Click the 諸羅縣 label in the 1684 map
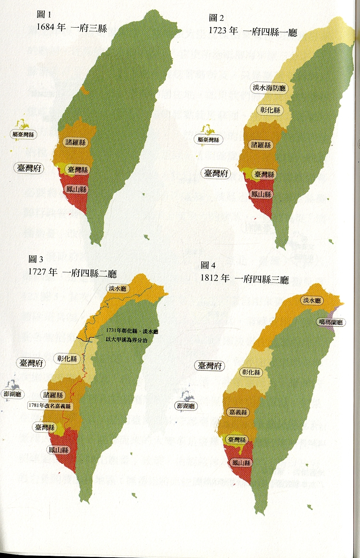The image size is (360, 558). pyautogui.click(x=76, y=142)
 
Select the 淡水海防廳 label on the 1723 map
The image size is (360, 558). pyautogui.click(x=269, y=88)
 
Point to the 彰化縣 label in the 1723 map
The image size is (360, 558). pyautogui.click(x=271, y=110)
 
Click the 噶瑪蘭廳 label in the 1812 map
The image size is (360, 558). pyautogui.click(x=331, y=322)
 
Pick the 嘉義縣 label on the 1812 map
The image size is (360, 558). pyautogui.click(x=238, y=412)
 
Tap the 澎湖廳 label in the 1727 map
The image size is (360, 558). pyautogui.click(x=12, y=394)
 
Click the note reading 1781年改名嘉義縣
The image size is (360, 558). pyautogui.click(x=50, y=406)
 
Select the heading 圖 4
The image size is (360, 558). pyautogui.click(x=209, y=265)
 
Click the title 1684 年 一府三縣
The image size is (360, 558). pyautogui.click(x=72, y=28)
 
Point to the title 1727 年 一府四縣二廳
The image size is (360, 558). pyautogui.click(x=72, y=273)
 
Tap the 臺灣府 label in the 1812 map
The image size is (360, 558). pyautogui.click(x=210, y=366)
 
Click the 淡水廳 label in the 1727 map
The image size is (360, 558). pyautogui.click(x=117, y=289)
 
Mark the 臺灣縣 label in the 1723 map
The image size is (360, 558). pyautogui.click(x=264, y=174)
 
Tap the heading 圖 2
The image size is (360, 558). pyautogui.click(x=216, y=18)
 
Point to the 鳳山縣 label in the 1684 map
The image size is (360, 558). pyautogui.click(x=77, y=189)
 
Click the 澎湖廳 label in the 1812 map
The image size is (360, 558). pyautogui.click(x=186, y=406)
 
